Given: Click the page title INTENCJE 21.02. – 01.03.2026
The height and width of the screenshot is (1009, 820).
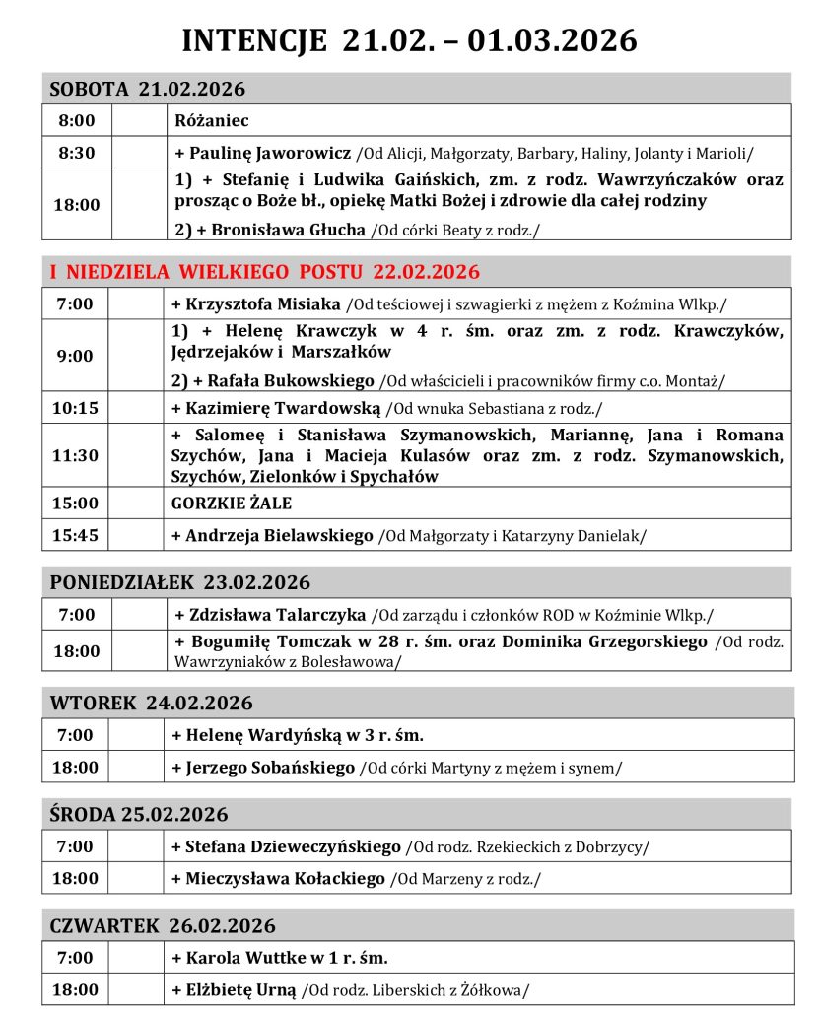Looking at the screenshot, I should (410, 39).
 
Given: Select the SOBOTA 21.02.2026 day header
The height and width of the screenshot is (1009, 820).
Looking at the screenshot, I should (148, 90).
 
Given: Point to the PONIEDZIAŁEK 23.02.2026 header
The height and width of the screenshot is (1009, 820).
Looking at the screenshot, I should (179, 582).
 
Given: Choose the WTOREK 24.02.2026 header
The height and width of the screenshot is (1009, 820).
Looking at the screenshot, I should (151, 704).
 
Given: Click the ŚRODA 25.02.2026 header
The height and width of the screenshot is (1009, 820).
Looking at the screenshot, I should (139, 815).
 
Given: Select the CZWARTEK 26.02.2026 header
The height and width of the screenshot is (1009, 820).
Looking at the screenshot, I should (163, 926).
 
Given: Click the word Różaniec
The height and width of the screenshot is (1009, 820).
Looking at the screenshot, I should (211, 121).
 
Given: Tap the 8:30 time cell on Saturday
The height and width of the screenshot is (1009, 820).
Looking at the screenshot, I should (77, 153).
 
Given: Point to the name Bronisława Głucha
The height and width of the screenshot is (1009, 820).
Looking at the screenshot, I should (289, 230).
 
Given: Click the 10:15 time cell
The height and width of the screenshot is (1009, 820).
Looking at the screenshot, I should (78, 407).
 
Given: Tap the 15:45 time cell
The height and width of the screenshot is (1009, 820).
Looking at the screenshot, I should (78, 535).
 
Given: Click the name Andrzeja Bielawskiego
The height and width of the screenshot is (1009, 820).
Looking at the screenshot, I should (278, 535).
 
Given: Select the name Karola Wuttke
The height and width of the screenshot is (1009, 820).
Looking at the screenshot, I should (239, 957).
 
